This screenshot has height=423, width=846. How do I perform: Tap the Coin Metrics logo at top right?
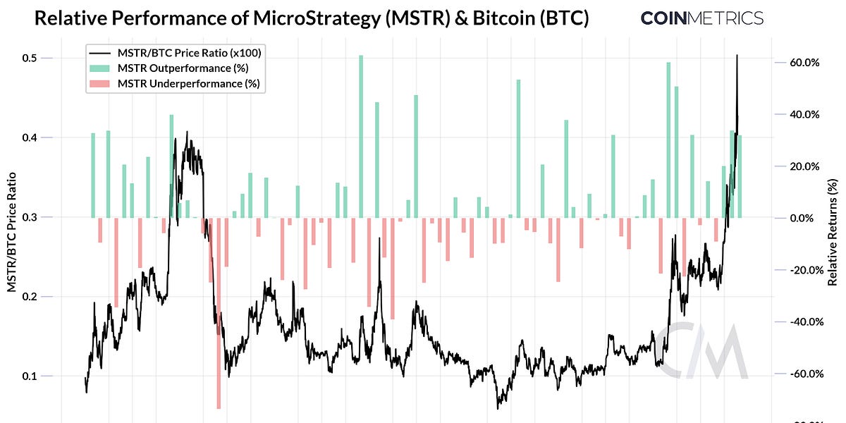click(x=701, y=18)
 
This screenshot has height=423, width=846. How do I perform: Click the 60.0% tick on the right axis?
click(x=804, y=63)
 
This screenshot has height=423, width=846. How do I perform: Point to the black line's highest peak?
click(x=737, y=56)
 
